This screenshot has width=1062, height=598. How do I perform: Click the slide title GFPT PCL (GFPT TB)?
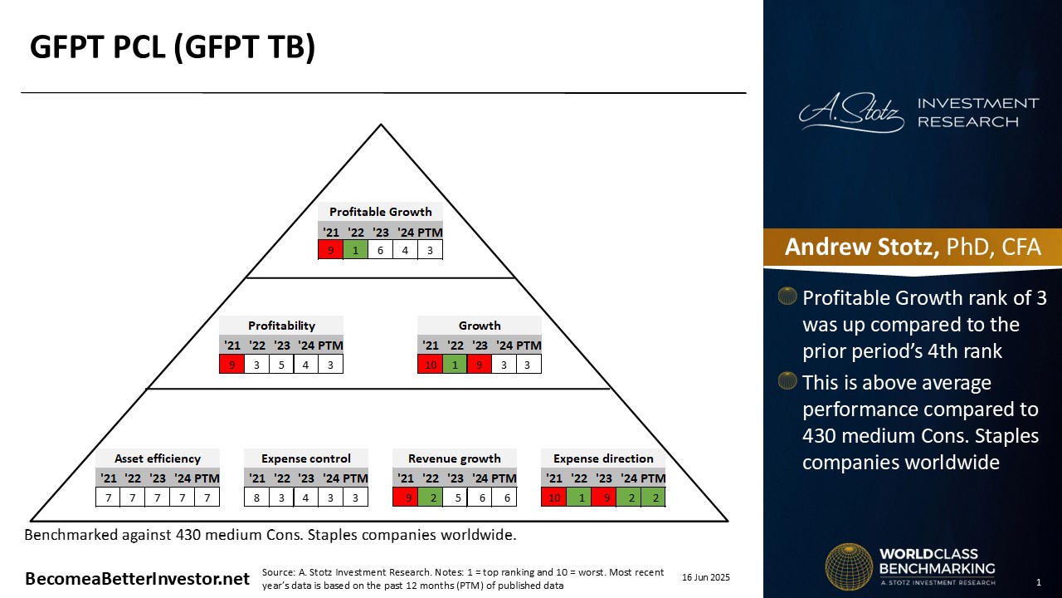173,47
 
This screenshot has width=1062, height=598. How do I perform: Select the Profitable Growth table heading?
380,212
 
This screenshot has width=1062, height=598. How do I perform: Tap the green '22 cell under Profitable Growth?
356,250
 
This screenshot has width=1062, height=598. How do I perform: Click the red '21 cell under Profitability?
231,365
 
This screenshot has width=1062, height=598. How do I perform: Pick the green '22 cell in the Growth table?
455,365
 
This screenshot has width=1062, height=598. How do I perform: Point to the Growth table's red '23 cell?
480,365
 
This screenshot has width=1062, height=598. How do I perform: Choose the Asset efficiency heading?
158,458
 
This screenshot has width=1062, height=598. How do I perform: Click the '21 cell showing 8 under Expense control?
256,498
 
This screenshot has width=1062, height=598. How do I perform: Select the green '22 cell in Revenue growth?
430,498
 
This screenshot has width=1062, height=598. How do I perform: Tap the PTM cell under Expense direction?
653,498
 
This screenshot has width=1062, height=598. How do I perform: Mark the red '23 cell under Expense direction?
603,498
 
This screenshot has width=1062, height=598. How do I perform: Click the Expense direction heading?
603,458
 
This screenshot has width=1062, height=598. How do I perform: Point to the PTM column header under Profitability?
330,346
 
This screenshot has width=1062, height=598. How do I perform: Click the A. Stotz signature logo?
851,112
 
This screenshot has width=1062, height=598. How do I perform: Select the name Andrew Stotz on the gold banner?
861,247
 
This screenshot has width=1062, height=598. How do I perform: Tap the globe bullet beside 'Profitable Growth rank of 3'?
787,296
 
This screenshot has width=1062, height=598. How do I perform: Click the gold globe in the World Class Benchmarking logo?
849,566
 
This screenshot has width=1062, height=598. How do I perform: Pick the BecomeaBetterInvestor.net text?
137,579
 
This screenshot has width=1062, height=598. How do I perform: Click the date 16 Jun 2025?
706,577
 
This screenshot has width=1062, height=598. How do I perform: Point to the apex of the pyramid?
381,125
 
